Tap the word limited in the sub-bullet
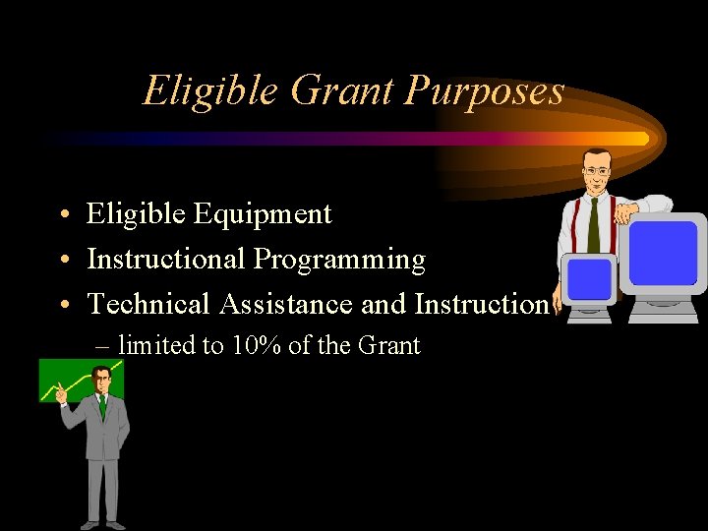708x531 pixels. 158,346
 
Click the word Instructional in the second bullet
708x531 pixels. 166,260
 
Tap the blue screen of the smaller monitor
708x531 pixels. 588,279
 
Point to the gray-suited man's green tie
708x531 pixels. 101,405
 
